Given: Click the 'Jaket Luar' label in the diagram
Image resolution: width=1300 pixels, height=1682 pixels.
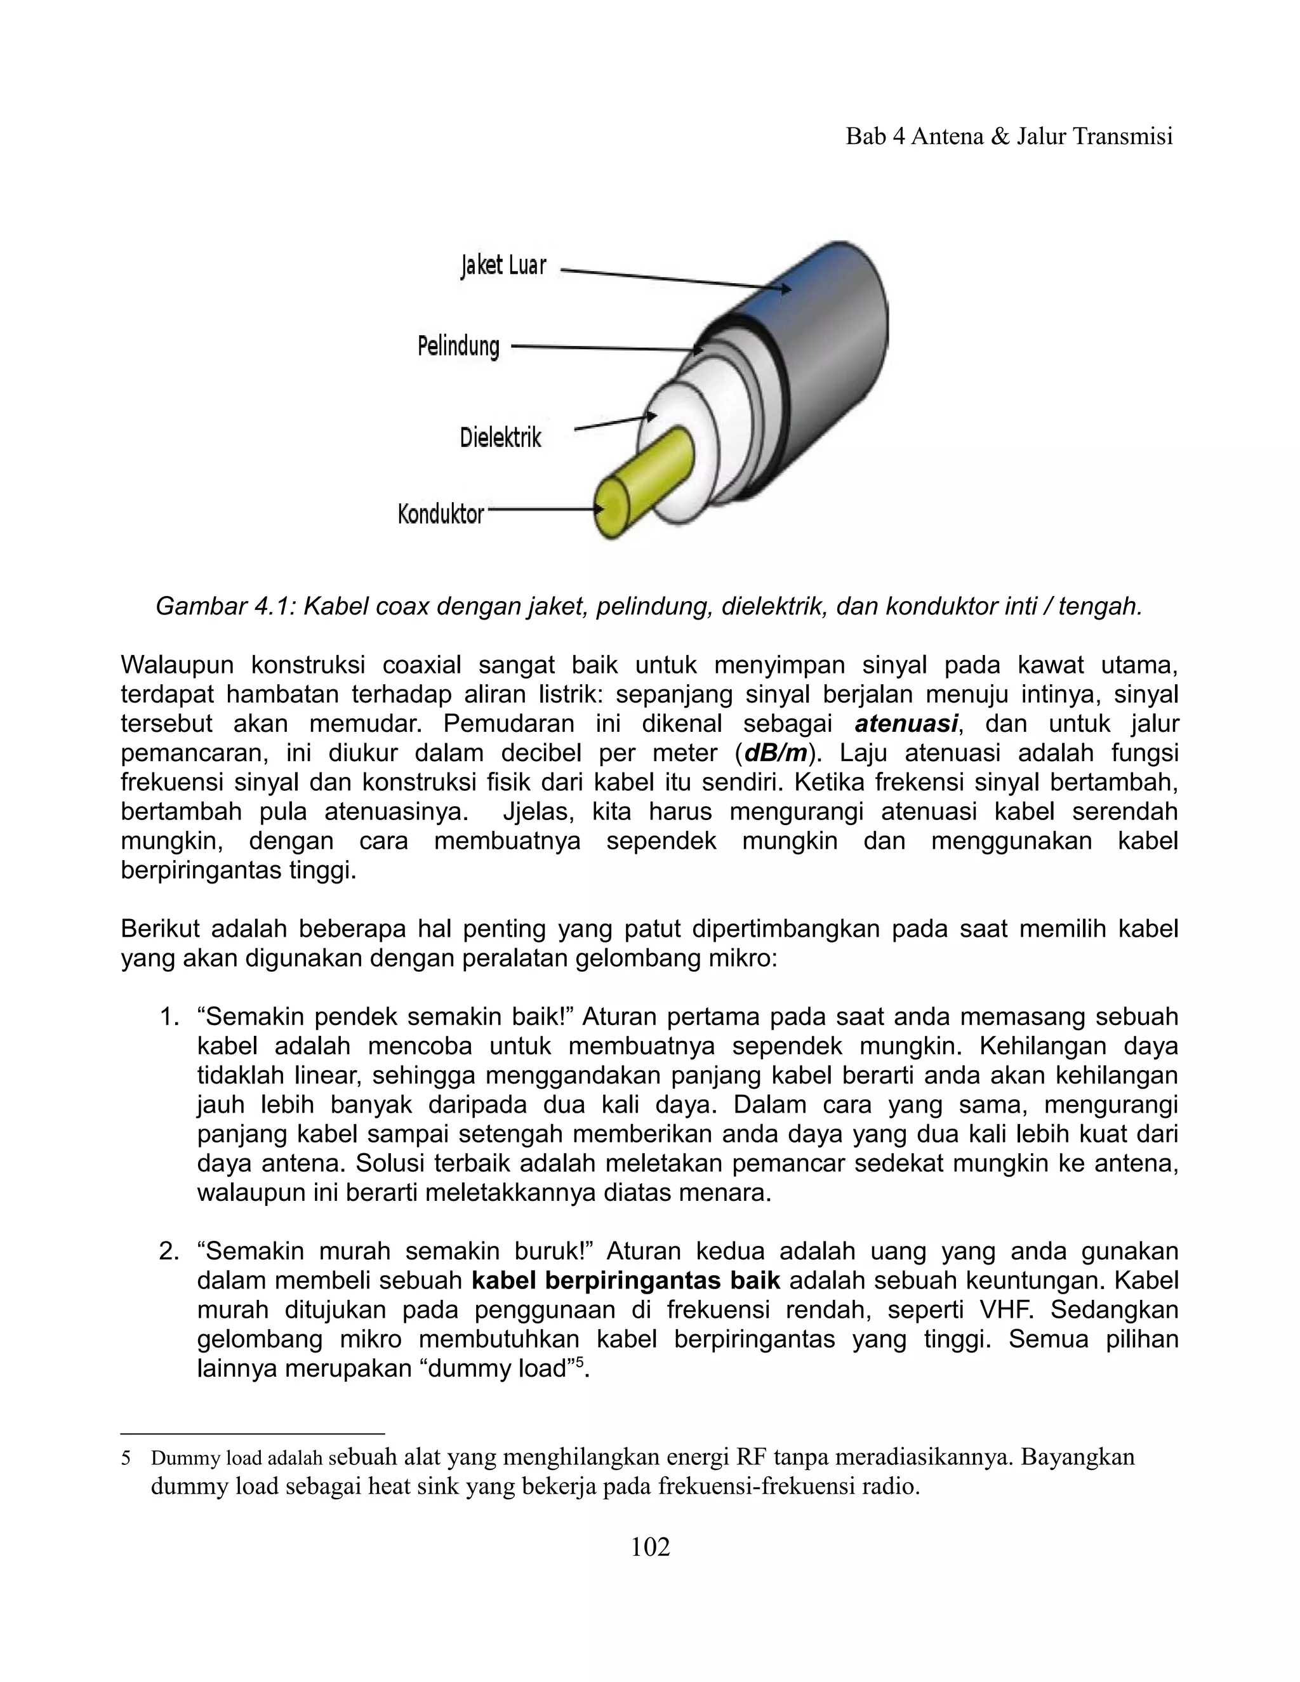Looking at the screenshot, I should tap(503, 266).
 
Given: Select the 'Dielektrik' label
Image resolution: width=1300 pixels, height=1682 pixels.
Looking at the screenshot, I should tap(501, 437).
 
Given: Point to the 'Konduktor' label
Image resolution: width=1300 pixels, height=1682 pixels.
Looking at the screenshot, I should tap(441, 513).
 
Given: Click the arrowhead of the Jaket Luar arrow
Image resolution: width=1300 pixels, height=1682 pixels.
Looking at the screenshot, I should tap(784, 289).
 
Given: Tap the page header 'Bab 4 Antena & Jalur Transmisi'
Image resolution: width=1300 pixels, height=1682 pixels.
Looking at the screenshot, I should tap(1009, 136).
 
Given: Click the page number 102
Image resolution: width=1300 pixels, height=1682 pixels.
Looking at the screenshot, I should tap(650, 1546).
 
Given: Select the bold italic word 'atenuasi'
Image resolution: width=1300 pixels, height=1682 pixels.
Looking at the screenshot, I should tap(906, 724).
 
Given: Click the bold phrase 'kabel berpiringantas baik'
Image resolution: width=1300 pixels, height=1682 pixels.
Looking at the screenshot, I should tap(625, 1281).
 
